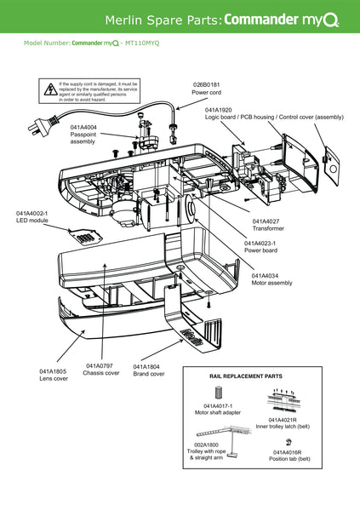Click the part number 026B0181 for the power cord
click(206, 84)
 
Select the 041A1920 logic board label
click(219, 110)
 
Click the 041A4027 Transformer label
click(266, 221)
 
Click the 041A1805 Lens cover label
click(54, 371)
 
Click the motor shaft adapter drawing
click(218, 393)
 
